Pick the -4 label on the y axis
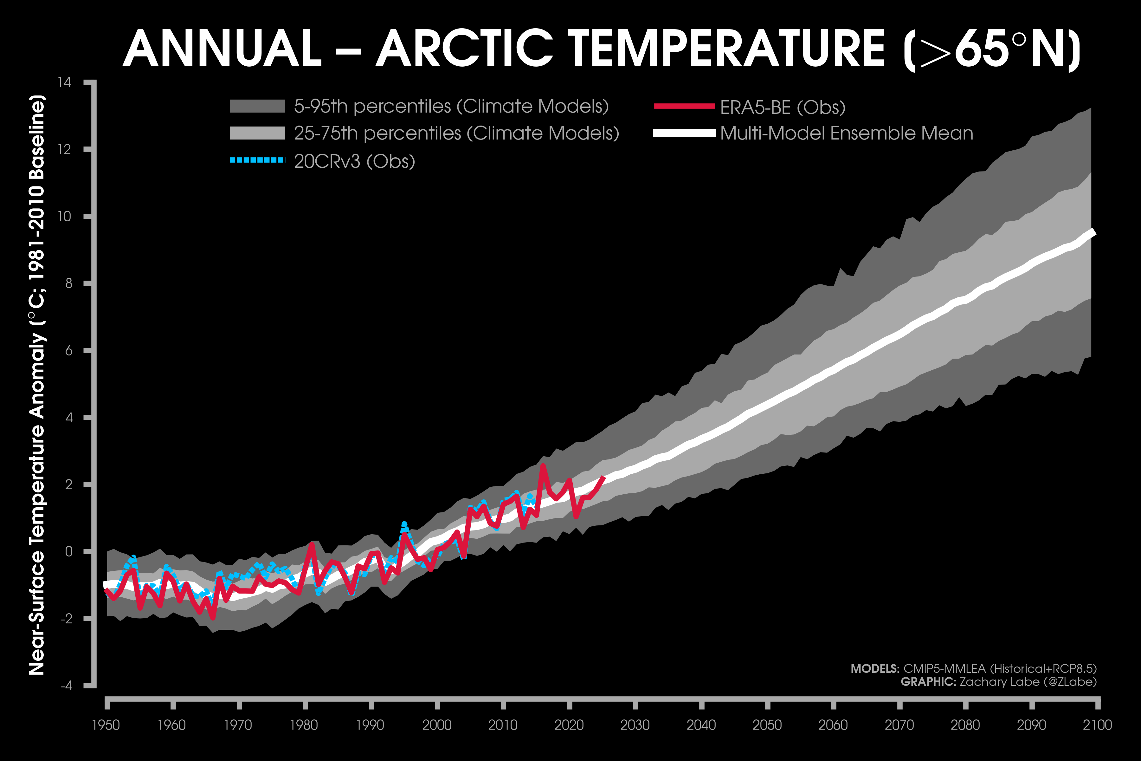(67, 685)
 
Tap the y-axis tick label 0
(68, 551)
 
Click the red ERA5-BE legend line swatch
(684, 106)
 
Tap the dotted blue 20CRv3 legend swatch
(257, 160)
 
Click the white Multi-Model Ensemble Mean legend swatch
(684, 133)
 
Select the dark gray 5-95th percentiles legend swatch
(257, 106)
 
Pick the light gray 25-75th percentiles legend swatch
(257, 133)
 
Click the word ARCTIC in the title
(464, 49)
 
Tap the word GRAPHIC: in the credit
(928, 682)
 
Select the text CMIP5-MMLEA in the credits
(944, 669)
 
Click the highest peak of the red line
(542, 465)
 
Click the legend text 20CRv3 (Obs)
(354, 161)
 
